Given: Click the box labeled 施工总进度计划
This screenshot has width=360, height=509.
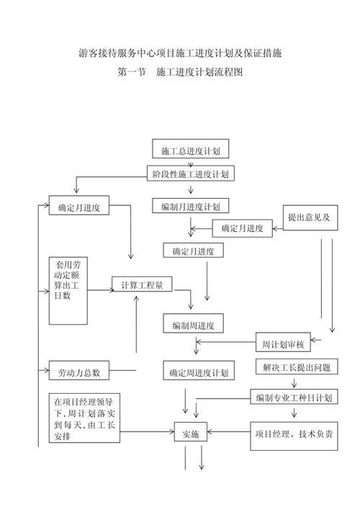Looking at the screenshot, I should [x=190, y=150].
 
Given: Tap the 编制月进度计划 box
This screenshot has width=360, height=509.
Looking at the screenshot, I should [x=191, y=207].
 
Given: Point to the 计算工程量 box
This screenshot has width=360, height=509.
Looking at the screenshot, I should [x=142, y=284].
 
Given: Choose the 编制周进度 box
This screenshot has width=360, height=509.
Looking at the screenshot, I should [x=193, y=325].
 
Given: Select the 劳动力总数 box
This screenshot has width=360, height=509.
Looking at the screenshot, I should [x=78, y=372].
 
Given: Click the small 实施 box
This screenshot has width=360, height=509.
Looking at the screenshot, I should [x=190, y=434].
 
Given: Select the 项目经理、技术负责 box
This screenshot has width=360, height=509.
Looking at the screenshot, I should [x=294, y=434].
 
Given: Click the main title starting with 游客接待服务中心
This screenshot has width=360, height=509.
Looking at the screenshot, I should [x=179, y=54].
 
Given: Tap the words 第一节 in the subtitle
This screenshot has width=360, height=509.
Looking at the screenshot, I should [x=130, y=73].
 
